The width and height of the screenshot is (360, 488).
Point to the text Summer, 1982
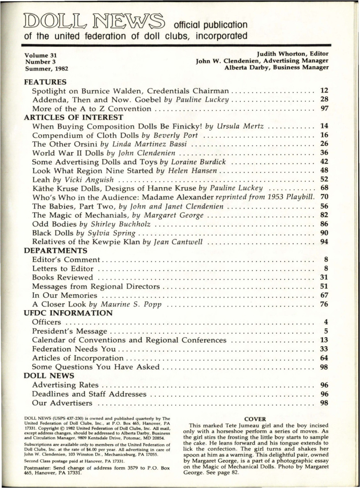click(x=46, y=68)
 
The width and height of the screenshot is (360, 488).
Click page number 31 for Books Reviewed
click(x=323, y=277)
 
